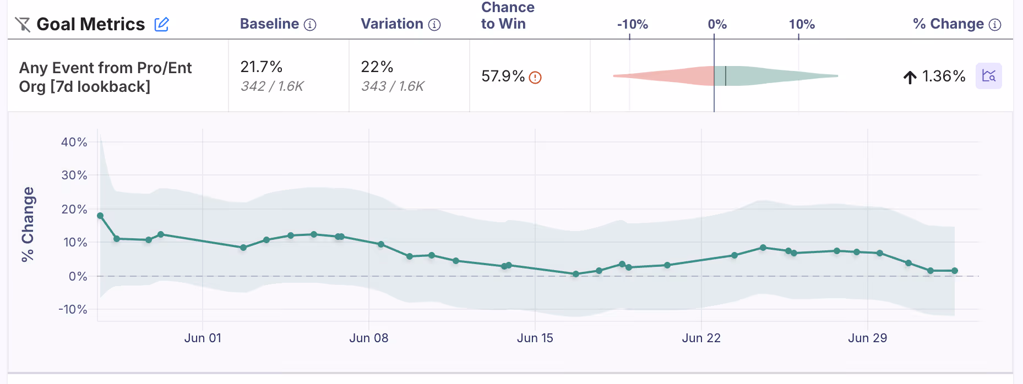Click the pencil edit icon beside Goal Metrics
pyautogui.click(x=161, y=24)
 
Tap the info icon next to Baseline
pyautogui.click(x=310, y=25)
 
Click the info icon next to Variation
pyautogui.click(x=434, y=25)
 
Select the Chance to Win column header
pyautogui.click(x=507, y=15)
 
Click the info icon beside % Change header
pyautogui.click(x=995, y=25)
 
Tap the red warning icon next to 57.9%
pyautogui.click(x=535, y=78)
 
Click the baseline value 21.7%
pyautogui.click(x=261, y=67)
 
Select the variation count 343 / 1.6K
pyautogui.click(x=393, y=86)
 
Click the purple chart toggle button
pyautogui.click(x=988, y=76)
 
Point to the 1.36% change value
pyautogui.click(x=943, y=76)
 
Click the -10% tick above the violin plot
pyautogui.click(x=632, y=25)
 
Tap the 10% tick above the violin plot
pyautogui.click(x=801, y=25)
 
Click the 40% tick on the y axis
pyautogui.click(x=74, y=142)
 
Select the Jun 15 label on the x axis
pyautogui.click(x=535, y=338)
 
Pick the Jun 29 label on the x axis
pyautogui.click(x=867, y=338)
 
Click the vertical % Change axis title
pyautogui.click(x=28, y=224)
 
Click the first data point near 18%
pyautogui.click(x=100, y=216)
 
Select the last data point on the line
pyautogui.click(x=955, y=271)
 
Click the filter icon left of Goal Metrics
pyautogui.click(x=23, y=24)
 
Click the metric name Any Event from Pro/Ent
pyautogui.click(x=105, y=68)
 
